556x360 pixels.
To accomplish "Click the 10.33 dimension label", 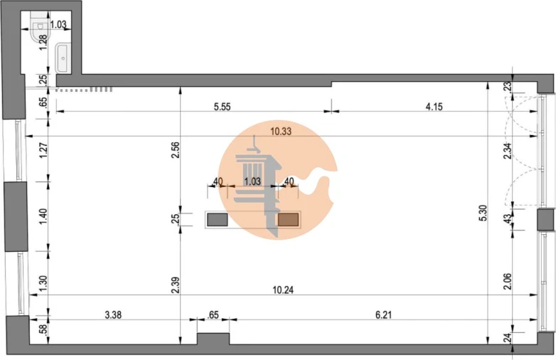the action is (x=281, y=132).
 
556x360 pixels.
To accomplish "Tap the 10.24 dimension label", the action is (x=283, y=290).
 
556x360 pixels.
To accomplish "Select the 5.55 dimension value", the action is (x=223, y=107).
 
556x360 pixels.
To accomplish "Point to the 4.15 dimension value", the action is (x=434, y=107).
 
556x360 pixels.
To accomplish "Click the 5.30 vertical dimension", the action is (x=483, y=213).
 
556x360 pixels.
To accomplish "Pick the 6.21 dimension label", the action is (x=383, y=314).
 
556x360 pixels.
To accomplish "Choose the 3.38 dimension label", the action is (x=114, y=314).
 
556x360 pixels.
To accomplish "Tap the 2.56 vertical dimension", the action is (x=175, y=149).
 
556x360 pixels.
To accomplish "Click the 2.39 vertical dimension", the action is (x=175, y=285).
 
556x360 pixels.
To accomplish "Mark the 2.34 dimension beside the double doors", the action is (x=508, y=150).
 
